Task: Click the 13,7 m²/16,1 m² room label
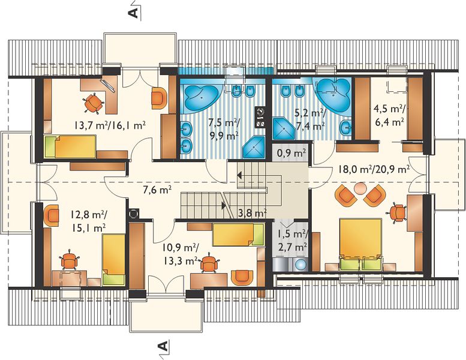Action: pos(110,125)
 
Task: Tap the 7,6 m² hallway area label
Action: pos(157,190)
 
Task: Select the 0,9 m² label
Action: pos(291,154)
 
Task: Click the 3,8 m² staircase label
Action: pos(252,213)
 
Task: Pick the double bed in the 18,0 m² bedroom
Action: pos(360,244)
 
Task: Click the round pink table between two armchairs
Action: pos(360,188)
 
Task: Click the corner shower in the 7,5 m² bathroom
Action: pos(254,148)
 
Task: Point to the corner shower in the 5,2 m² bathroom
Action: pos(284,128)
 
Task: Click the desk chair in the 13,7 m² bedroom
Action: pos(94,103)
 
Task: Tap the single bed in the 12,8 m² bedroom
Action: pos(114,259)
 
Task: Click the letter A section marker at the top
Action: pos(134,13)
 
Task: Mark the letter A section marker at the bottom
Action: pos(163,346)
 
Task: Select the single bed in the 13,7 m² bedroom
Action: pos(70,146)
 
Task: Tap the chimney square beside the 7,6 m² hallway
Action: pos(133,213)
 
